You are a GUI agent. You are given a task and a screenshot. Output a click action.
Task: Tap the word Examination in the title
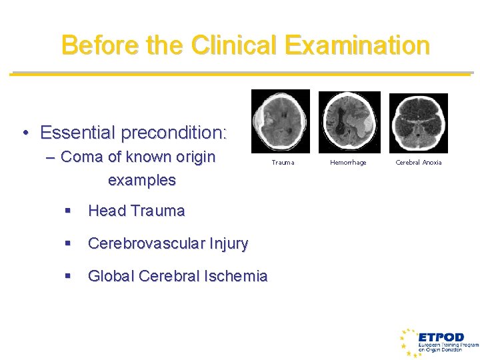tap(357, 45)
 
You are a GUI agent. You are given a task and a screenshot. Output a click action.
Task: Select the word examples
tap(141, 181)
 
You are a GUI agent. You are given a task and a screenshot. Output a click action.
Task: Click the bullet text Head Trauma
tap(136, 211)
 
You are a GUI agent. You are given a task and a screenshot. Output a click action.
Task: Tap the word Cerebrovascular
tap(145, 244)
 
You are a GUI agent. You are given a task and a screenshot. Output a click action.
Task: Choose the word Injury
tap(228, 244)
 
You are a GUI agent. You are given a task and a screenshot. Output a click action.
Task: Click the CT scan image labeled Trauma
tap(280, 121)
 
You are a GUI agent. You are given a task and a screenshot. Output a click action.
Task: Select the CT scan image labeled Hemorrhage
tap(349, 122)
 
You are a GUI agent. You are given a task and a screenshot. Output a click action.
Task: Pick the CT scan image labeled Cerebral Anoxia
tap(418, 123)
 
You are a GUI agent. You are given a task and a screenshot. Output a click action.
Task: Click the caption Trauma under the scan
tap(283, 163)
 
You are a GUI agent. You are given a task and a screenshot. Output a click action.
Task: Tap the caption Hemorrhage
tap(348, 163)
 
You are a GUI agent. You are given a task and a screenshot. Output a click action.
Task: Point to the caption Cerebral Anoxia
tap(418, 163)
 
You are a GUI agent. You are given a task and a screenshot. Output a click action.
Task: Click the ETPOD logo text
tap(441, 337)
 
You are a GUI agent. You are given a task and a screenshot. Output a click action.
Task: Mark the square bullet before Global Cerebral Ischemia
tap(67, 276)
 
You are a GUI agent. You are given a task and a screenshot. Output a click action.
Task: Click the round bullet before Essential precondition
tap(25, 133)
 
